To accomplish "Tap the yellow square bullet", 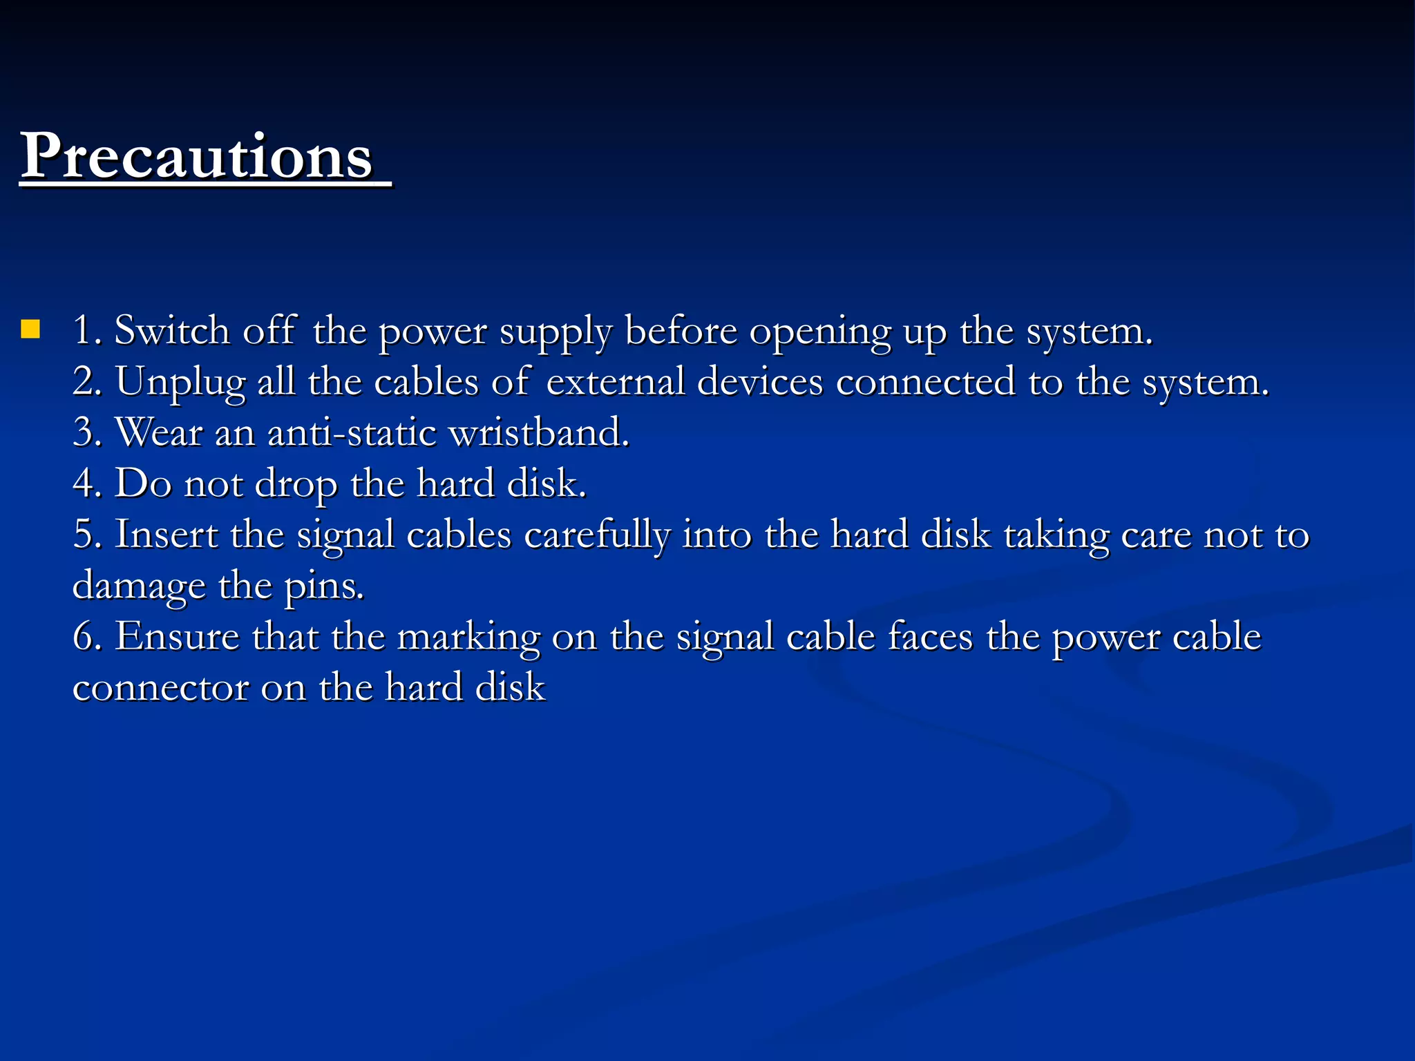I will (30, 329).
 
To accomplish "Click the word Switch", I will (171, 330).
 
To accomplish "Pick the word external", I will (615, 381).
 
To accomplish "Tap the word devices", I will (760, 381).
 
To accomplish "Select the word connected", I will (926, 381).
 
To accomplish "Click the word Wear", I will (159, 432).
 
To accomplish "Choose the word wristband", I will (539, 432).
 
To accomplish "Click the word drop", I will (296, 484).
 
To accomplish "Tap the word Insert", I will (166, 535).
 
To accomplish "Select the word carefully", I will (597, 535).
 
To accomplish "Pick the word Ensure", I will (177, 636).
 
